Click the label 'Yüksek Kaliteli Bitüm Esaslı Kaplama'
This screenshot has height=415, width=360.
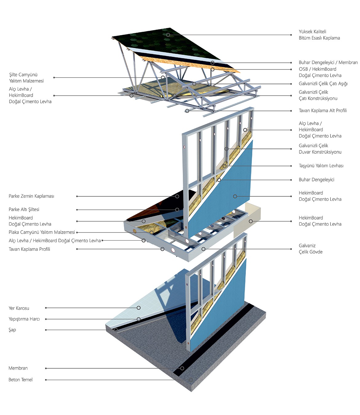319,35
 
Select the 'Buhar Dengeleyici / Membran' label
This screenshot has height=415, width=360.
328,62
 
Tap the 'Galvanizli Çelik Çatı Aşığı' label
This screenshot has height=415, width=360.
323,84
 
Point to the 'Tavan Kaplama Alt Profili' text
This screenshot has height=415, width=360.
322,111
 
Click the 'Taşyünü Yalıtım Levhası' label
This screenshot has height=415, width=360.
321,166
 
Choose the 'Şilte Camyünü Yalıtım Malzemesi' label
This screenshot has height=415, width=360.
26,78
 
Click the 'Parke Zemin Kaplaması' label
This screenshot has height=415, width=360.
31,196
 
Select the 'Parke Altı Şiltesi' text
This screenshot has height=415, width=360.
24,210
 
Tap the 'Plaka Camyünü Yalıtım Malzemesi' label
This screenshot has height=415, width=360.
42,232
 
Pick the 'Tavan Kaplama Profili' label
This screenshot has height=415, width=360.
29,249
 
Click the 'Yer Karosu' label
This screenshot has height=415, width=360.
19,308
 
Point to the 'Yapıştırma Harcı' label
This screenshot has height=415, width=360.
24,319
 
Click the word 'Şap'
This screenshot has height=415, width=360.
12,330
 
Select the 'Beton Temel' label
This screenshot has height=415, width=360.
21,380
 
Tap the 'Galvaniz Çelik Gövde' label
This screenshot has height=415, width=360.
310,249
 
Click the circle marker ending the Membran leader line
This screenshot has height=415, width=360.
182,368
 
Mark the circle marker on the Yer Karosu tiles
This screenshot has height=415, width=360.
139,308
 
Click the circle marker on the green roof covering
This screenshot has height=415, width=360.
168,35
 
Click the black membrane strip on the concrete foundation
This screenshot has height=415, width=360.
215,338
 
